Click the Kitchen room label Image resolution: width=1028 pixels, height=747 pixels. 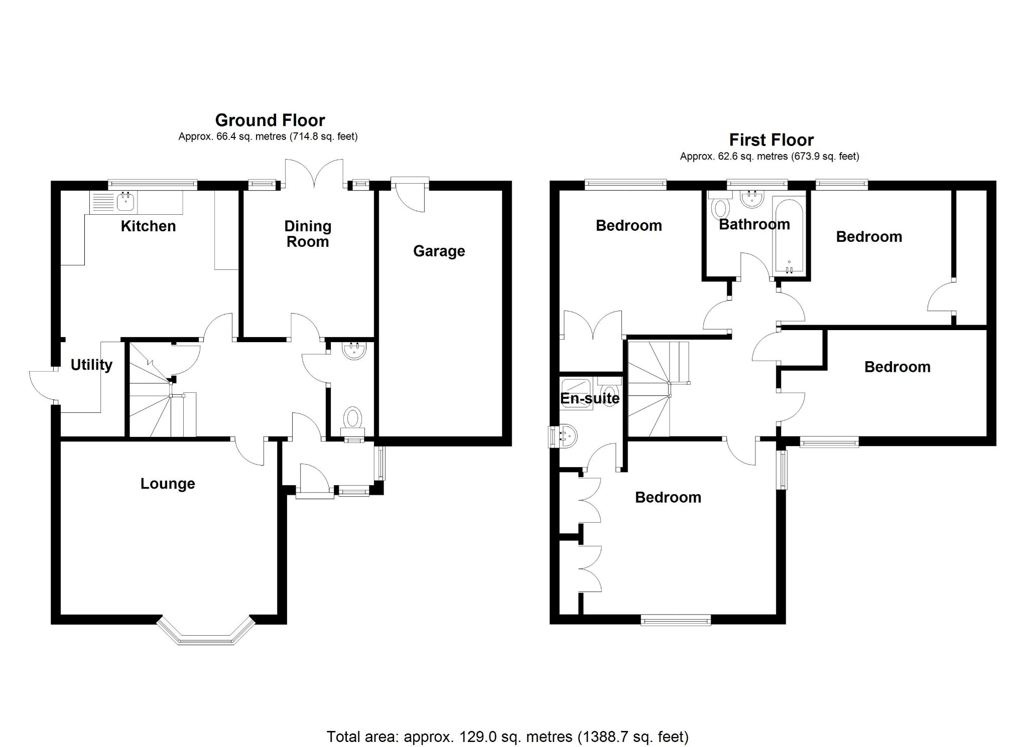(148, 226)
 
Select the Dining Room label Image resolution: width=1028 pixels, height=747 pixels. (308, 234)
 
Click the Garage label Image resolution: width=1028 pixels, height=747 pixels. (439, 251)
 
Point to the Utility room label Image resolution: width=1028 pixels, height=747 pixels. (91, 365)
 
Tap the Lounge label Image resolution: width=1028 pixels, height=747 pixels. (168, 484)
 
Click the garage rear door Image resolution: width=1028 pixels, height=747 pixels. (410, 195)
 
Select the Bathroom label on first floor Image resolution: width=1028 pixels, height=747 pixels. (754, 224)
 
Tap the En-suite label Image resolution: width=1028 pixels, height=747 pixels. (590, 398)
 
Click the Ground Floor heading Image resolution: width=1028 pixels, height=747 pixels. (270, 120)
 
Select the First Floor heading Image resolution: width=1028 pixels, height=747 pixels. (771, 140)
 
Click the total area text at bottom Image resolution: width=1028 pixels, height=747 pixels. (507, 736)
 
